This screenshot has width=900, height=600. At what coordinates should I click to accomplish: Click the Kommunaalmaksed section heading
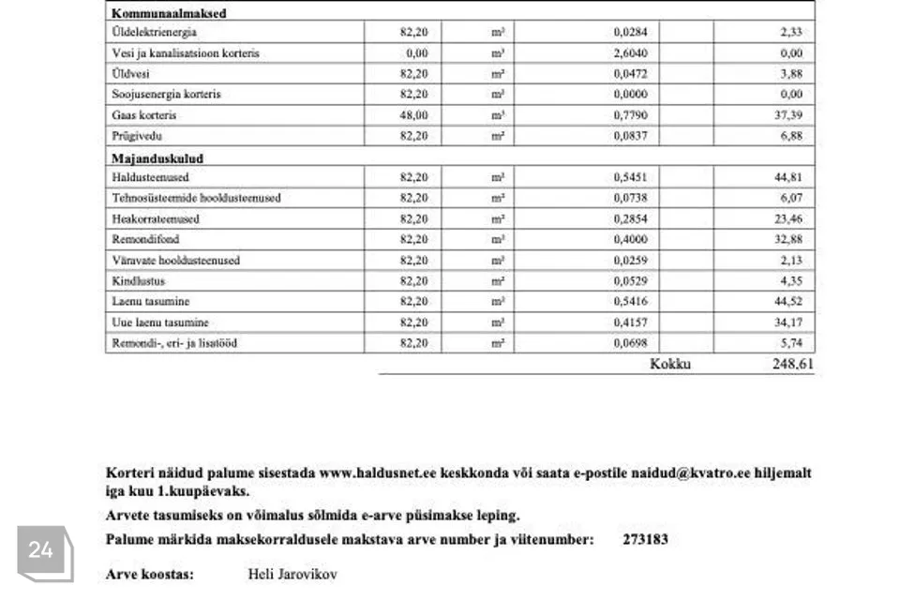169,14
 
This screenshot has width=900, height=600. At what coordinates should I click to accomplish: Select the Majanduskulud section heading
157,158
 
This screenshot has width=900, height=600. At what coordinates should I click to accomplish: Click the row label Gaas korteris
143,115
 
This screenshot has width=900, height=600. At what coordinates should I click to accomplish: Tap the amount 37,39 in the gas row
787,115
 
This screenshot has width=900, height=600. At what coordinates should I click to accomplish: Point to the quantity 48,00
413,115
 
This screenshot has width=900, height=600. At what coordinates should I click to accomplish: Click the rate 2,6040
630,53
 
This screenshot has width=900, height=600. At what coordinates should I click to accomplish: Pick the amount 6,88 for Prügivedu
790,136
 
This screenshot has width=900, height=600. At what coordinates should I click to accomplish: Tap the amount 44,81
787,177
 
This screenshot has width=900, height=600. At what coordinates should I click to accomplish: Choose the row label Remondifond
145,239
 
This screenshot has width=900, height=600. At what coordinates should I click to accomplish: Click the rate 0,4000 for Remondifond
630,239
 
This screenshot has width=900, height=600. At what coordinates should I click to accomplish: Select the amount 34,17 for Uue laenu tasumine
787,322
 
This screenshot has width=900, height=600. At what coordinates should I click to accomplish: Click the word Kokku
669,364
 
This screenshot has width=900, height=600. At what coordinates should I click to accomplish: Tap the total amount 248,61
792,364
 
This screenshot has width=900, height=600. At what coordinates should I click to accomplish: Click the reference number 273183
645,540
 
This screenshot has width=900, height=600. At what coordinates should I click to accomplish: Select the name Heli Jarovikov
292,574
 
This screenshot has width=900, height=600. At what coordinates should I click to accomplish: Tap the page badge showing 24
40,551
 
